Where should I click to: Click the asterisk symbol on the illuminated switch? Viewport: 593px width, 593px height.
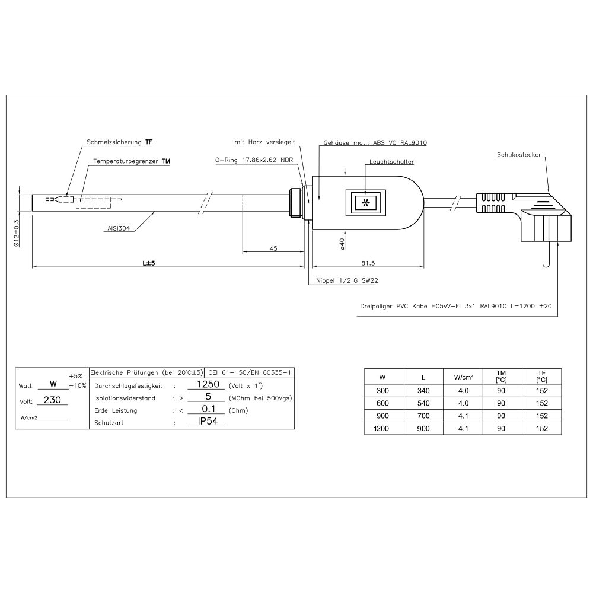pyautogui.click(x=365, y=203)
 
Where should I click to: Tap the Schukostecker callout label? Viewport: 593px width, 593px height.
pyautogui.click(x=519, y=155)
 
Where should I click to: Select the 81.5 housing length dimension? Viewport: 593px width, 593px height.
pyautogui.click(x=368, y=262)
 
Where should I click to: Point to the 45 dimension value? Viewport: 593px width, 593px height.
pyautogui.click(x=273, y=248)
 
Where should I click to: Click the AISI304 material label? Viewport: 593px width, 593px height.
pyautogui.click(x=119, y=227)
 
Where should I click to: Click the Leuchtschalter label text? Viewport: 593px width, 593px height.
pyautogui.click(x=391, y=161)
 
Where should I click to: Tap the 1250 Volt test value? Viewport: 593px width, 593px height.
pyautogui.click(x=208, y=384)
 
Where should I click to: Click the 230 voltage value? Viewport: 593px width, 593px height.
pyautogui.click(x=52, y=400)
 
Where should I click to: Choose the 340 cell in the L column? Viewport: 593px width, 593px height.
pyautogui.click(x=423, y=391)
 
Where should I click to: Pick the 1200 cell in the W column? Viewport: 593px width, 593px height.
pyautogui.click(x=383, y=428)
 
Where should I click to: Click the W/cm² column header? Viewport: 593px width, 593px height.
pyautogui.click(x=463, y=377)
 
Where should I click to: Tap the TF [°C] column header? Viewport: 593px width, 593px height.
pyautogui.click(x=541, y=376)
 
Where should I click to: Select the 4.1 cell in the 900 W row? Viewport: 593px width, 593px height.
pyautogui.click(x=463, y=416)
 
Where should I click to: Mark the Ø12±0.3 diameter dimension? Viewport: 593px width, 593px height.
pyautogui.click(x=17, y=232)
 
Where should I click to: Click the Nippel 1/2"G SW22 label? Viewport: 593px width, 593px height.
pyautogui.click(x=346, y=281)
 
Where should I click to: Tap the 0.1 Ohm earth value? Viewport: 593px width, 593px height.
pyautogui.click(x=208, y=410)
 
